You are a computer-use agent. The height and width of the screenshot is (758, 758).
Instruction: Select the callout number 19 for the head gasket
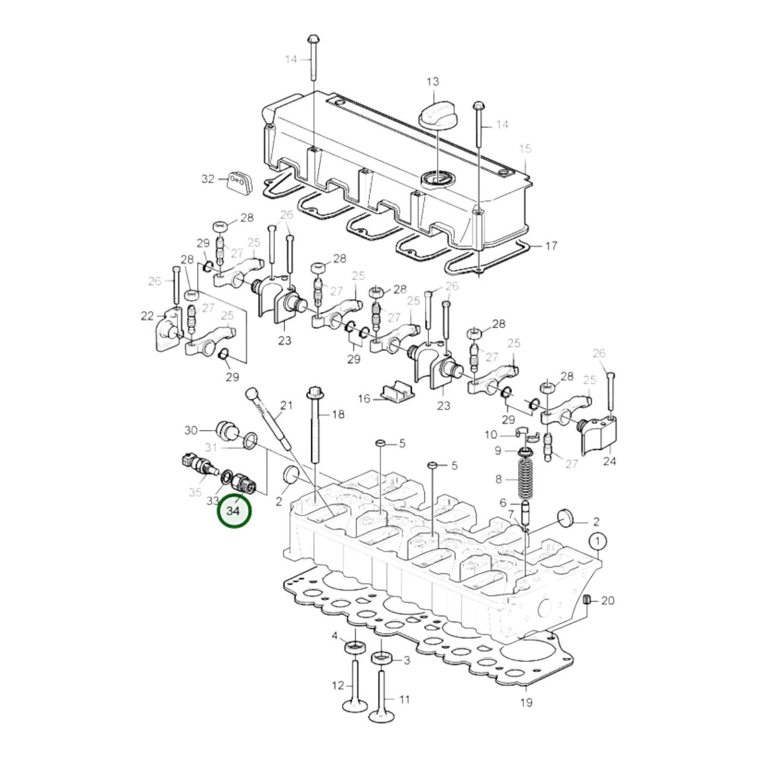click(526, 702)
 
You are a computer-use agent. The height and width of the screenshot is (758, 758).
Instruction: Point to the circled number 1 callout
click(597, 540)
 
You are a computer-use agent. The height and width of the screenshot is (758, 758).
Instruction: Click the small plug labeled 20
click(588, 600)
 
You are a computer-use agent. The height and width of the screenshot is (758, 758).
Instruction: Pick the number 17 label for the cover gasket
click(551, 245)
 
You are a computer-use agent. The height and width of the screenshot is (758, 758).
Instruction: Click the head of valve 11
click(381, 714)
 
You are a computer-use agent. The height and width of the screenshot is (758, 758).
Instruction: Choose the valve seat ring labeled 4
click(355, 646)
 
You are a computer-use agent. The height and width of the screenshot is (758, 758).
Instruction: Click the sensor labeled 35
click(197, 464)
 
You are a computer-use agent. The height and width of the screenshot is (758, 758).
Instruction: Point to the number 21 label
click(286, 405)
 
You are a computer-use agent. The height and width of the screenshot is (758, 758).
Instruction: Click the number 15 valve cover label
click(525, 148)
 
